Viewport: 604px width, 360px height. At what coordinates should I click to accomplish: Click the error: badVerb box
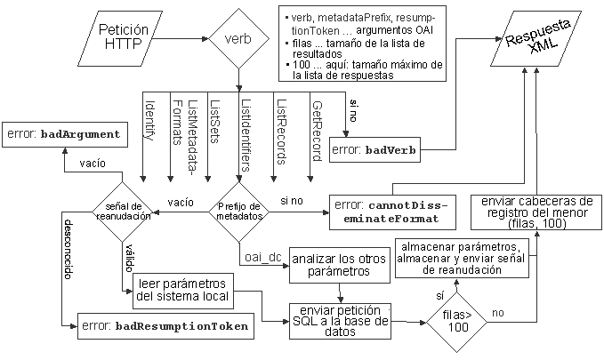[374, 149]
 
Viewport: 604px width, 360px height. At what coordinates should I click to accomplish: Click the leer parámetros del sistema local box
[184, 289]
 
